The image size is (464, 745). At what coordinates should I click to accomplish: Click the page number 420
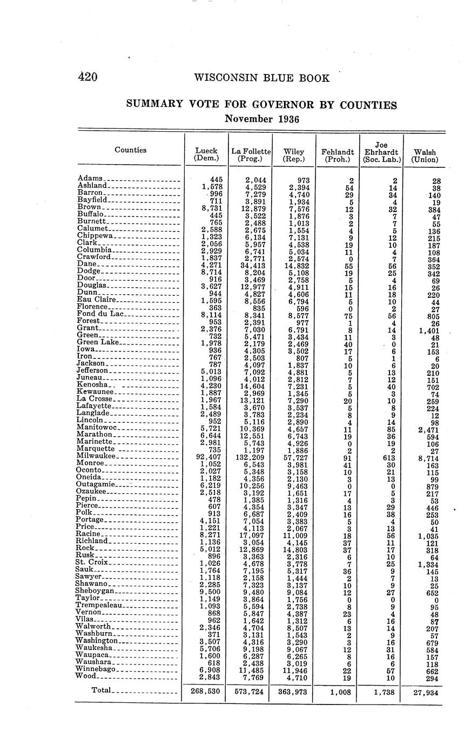pos(87,77)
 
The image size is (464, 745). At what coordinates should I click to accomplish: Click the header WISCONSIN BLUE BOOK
pos(261,78)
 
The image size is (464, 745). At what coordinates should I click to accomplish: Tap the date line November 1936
pos(261,118)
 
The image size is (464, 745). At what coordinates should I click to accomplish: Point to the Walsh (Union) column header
pos(424,155)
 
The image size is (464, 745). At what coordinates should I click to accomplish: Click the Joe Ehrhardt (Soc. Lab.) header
pos(382,152)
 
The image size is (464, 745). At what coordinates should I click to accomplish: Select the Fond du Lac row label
pos(101,313)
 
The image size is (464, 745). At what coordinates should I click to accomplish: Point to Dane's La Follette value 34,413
pos(251,265)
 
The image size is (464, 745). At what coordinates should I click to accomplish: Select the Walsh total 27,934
pos(424,692)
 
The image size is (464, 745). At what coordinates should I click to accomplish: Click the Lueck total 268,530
pos(205,691)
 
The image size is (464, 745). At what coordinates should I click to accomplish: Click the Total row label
pos(102,690)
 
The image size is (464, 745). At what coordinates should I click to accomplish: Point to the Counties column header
pos(130,150)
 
